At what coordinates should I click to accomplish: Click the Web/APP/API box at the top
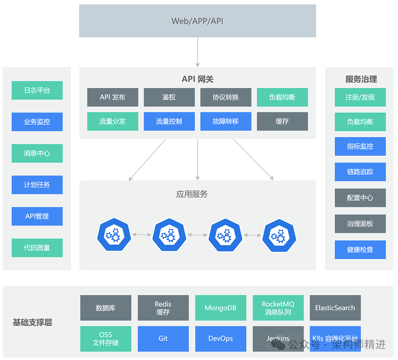click(x=197, y=21)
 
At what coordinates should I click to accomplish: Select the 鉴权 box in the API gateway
click(x=169, y=97)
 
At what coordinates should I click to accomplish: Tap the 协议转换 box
click(x=226, y=97)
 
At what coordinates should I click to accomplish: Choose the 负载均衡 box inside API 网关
click(x=282, y=97)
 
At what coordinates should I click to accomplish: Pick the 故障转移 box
click(x=226, y=121)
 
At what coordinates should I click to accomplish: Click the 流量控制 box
click(x=169, y=121)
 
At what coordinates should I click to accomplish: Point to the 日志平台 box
click(x=37, y=90)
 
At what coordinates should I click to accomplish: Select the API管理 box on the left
click(x=37, y=216)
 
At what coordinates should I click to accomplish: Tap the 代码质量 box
click(x=37, y=248)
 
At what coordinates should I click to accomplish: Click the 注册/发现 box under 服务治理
click(x=360, y=97)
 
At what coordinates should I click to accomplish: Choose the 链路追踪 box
click(x=360, y=172)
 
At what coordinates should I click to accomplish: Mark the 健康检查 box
click(x=360, y=250)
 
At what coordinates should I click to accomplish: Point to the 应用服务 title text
click(x=192, y=194)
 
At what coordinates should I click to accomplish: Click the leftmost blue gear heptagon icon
click(x=114, y=235)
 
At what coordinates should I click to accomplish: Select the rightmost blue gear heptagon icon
click(x=279, y=235)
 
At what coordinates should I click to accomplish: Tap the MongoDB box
click(x=220, y=308)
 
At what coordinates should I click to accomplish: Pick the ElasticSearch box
click(x=335, y=308)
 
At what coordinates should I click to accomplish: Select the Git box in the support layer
click(x=163, y=339)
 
